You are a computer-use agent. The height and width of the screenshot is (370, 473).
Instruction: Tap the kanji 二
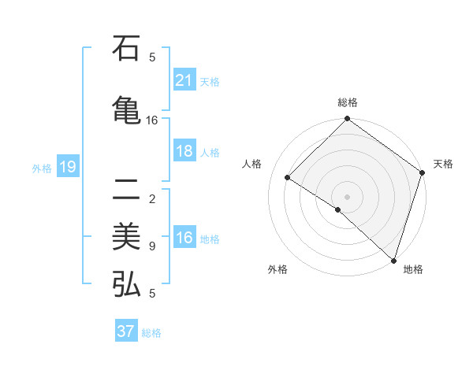pyautogui.click(x=126, y=190)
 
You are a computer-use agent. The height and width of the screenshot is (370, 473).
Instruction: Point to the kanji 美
pyautogui.click(x=126, y=237)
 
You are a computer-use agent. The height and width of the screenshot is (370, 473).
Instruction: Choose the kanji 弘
pyautogui.click(x=126, y=284)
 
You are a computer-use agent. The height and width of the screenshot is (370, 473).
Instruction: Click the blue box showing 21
pyautogui.click(x=184, y=80)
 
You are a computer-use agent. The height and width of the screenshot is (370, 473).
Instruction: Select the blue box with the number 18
pyautogui.click(x=184, y=151)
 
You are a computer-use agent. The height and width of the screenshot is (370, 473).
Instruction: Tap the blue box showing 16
pyautogui.click(x=184, y=238)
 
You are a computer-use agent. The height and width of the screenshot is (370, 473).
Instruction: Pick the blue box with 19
pyautogui.click(x=67, y=167)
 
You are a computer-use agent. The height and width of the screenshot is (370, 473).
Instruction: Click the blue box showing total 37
pyautogui.click(x=126, y=331)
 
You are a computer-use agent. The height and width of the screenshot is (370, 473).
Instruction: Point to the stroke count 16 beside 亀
pyautogui.click(x=152, y=120)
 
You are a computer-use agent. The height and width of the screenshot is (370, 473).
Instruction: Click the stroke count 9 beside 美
pyautogui.click(x=152, y=246)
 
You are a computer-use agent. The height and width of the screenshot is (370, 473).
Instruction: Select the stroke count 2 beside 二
pyautogui.click(x=152, y=198)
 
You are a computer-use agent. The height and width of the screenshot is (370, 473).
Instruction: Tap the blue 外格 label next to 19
pyautogui.click(x=42, y=168)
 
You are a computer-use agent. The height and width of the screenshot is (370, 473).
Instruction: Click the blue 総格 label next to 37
pyautogui.click(x=151, y=332)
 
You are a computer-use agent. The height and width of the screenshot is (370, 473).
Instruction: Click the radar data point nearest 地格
pyautogui.click(x=393, y=260)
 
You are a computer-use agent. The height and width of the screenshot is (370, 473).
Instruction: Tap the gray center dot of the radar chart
pyautogui.click(x=347, y=196)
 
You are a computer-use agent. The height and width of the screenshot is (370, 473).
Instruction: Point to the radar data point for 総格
pyautogui.click(x=347, y=120)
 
